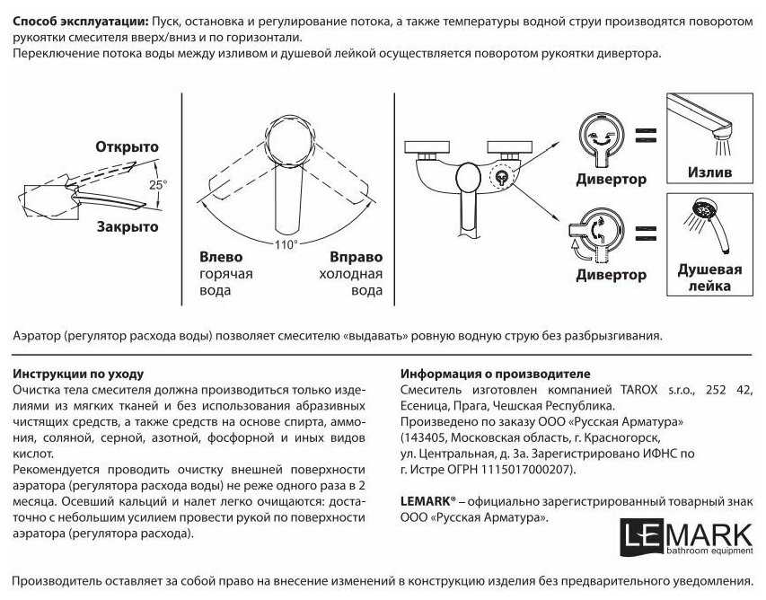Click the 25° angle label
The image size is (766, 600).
158,184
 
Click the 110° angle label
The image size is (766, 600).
285,243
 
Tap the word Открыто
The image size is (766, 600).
128,146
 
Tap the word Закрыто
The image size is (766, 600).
128,227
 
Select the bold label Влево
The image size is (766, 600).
220,257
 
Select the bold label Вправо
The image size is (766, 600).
356,257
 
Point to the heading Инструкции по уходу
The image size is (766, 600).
79,374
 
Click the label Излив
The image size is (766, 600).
709,172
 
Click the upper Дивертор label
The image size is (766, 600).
611,179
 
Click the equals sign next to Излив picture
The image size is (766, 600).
644,136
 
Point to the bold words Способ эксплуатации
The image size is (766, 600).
81,21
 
